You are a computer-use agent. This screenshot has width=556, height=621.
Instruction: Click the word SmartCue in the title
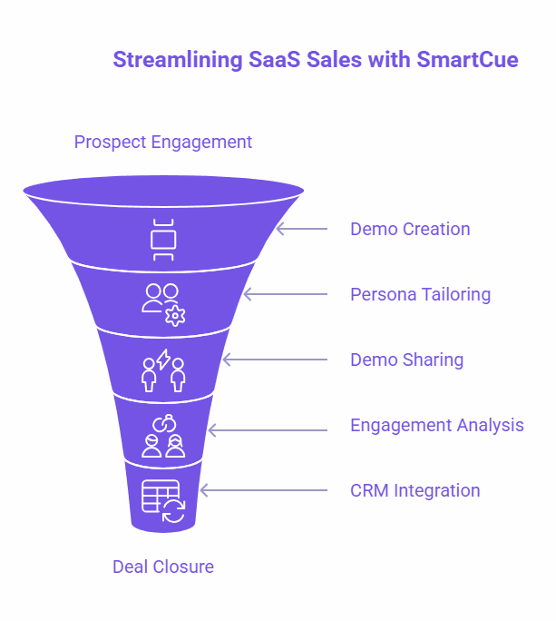[467, 60]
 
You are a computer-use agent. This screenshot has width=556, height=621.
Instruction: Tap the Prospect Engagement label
[163, 143]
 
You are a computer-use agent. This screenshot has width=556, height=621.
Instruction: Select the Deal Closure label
[163, 567]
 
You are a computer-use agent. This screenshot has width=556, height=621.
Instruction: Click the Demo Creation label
[410, 229]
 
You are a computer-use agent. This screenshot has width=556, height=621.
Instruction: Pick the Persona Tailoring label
[420, 294]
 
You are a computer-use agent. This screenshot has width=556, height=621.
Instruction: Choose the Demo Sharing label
[406, 360]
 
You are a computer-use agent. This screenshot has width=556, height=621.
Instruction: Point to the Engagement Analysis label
[437, 425]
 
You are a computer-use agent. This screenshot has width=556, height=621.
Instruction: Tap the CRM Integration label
[415, 490]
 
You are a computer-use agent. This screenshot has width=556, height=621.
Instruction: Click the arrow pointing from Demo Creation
[302, 229]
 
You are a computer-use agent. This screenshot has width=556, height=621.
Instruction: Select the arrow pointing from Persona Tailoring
[286, 294]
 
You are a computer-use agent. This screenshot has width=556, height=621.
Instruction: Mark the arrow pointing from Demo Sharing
[275, 360]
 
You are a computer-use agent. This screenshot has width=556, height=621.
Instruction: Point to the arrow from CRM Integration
[264, 490]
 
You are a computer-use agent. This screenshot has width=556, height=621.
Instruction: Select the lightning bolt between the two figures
[163, 360]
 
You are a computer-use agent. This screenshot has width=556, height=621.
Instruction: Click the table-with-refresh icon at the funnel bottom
[163, 500]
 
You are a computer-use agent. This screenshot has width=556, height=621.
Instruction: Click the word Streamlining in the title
[178, 60]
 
